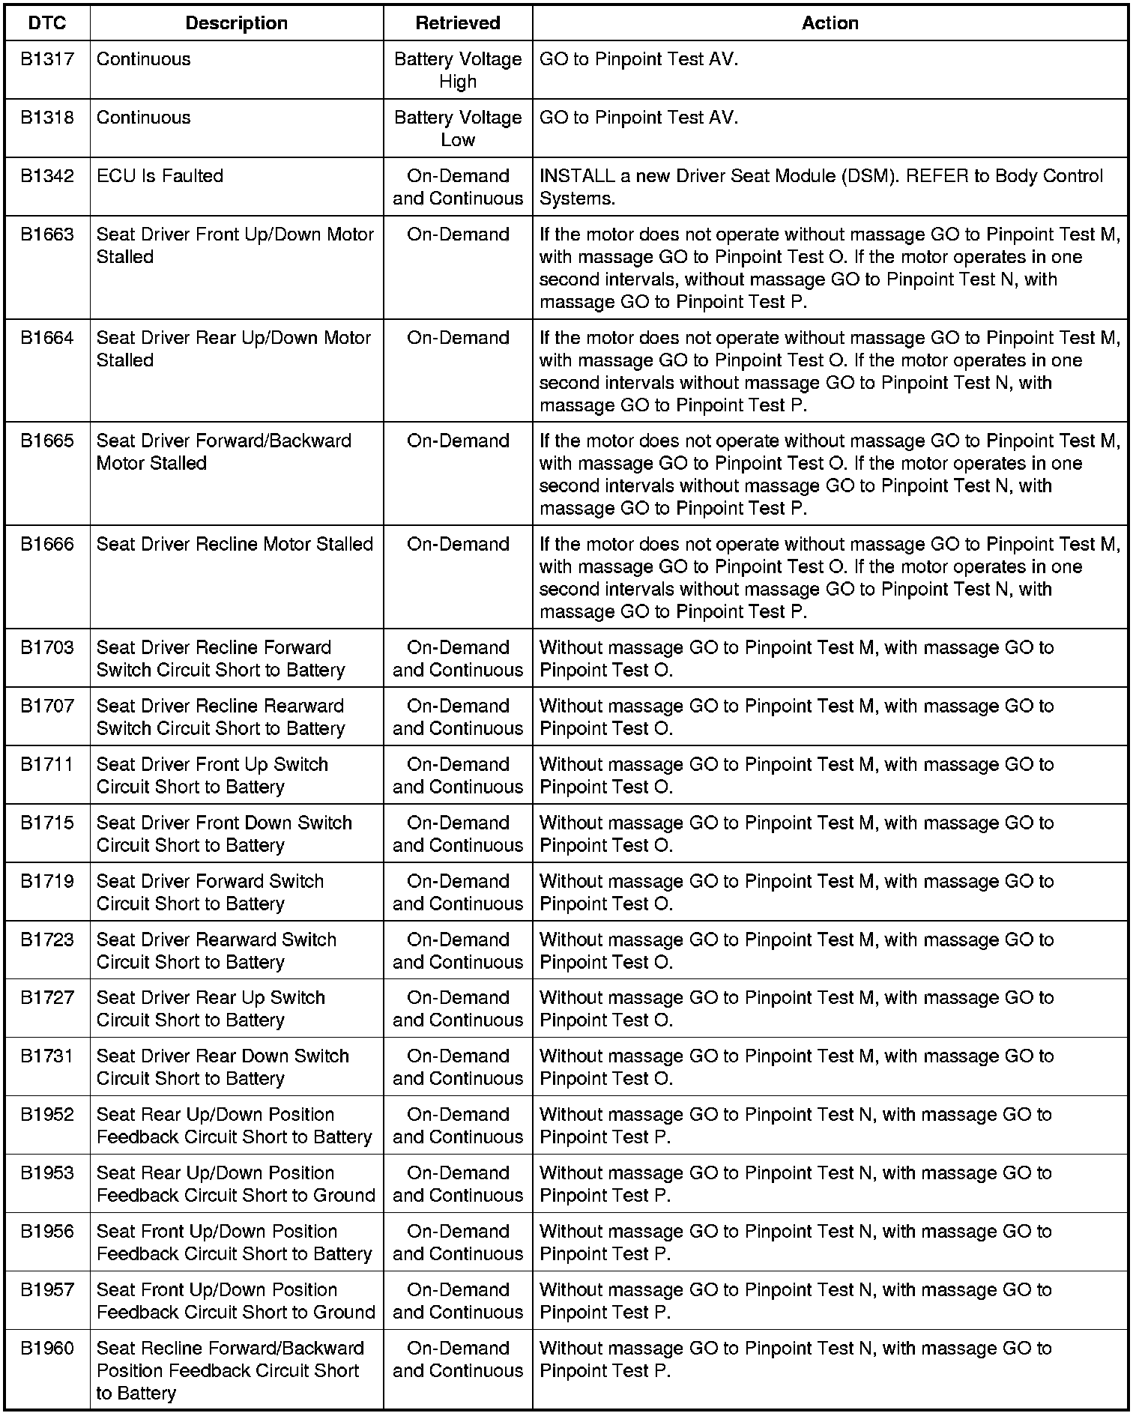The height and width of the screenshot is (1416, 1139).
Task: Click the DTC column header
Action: [x=47, y=23]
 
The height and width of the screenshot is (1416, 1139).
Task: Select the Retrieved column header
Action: [x=458, y=23]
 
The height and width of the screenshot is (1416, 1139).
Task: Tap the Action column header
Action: [x=830, y=23]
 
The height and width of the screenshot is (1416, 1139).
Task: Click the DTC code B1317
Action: [x=47, y=59]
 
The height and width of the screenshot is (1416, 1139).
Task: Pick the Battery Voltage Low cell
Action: [x=458, y=129]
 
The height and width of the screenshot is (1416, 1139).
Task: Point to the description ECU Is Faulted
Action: [x=160, y=176]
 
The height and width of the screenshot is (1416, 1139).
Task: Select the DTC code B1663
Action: [x=47, y=235]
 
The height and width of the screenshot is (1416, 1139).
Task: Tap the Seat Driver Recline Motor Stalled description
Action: [x=235, y=544]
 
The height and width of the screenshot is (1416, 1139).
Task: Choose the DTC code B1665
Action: [x=47, y=441]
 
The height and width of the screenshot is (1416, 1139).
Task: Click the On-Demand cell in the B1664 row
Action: [x=458, y=338]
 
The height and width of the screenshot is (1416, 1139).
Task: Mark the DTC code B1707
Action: [x=47, y=706]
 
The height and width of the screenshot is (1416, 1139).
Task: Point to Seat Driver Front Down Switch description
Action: [x=224, y=834]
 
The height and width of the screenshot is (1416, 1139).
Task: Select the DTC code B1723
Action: [x=47, y=940]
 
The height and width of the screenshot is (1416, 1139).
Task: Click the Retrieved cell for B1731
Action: [x=458, y=1067]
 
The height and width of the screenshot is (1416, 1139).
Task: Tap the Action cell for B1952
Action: [x=795, y=1125]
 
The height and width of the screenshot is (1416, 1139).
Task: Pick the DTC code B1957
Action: [x=47, y=1289]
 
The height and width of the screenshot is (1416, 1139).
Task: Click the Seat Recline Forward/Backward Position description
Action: [x=229, y=1370]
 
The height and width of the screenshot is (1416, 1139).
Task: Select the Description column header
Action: [x=236, y=23]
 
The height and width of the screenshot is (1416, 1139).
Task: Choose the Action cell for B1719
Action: [x=796, y=892]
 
